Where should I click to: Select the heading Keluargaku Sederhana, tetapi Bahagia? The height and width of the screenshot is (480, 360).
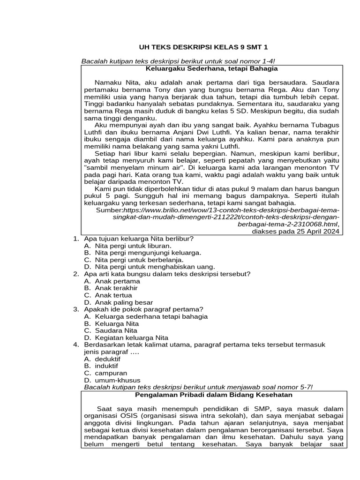[x=212, y=68]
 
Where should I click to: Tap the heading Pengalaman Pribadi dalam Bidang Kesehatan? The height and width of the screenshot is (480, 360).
[x=214, y=395]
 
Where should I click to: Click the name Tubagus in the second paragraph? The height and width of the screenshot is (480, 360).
[x=325, y=126]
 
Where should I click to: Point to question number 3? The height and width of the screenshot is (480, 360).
[x=76, y=309]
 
